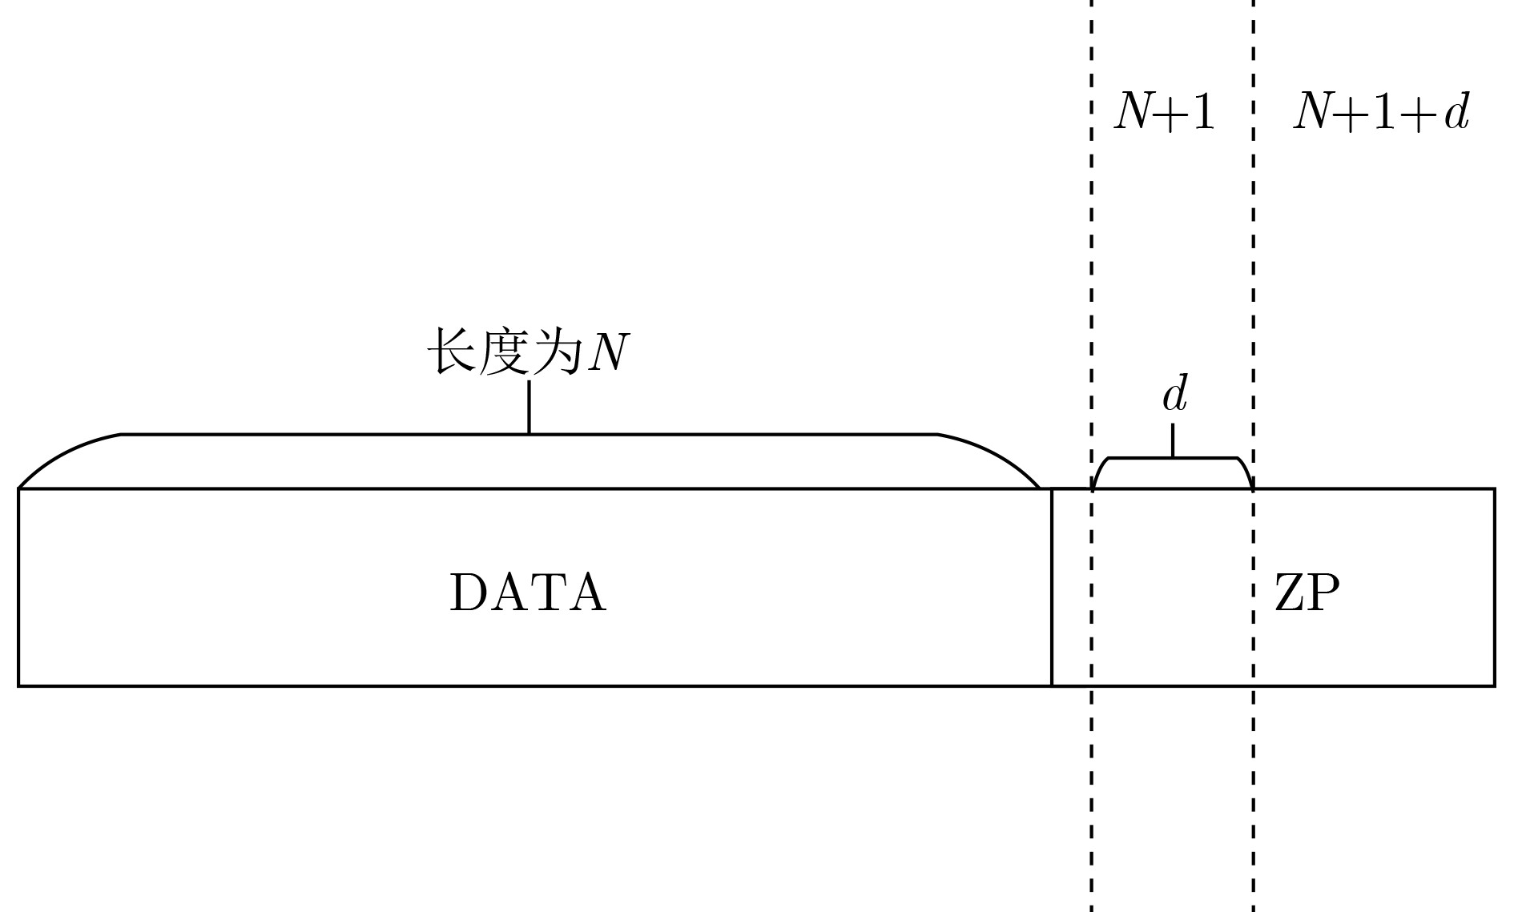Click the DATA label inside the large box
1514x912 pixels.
click(x=528, y=593)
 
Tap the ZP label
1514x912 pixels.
click(x=1307, y=593)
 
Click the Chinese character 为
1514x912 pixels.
click(x=554, y=352)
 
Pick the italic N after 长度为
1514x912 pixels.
click(x=607, y=353)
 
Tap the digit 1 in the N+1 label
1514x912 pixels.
click(x=1202, y=111)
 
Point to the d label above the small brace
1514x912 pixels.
click(x=1174, y=394)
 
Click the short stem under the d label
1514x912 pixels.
click(x=1173, y=440)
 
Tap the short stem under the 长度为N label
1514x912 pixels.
click(x=529, y=407)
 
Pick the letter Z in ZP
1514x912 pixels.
click(x=1290, y=593)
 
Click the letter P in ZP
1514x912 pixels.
click(x=1324, y=593)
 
